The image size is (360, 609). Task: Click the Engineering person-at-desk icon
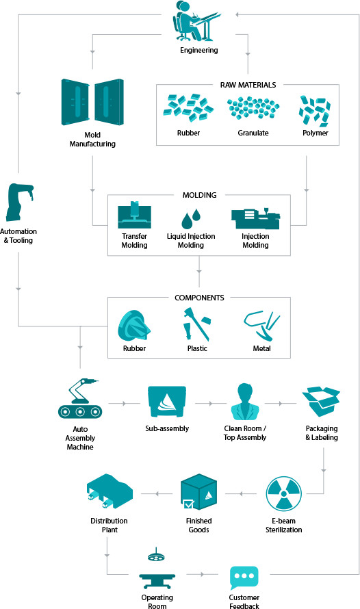click(x=196, y=21)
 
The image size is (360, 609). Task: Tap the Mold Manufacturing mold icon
click(x=92, y=102)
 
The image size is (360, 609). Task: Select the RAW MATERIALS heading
click(x=248, y=85)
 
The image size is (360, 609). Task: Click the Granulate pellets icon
click(x=253, y=107)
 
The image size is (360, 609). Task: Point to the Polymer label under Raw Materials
click(x=316, y=133)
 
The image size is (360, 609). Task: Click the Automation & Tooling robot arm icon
click(x=19, y=203)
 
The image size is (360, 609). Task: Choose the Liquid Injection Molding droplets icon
click(x=191, y=219)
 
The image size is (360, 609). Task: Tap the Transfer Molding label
click(x=134, y=241)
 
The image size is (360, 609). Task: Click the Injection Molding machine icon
click(x=255, y=219)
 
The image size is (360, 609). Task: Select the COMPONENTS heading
click(x=199, y=298)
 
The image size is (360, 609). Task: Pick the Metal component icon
click(x=261, y=326)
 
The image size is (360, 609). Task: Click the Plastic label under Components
click(x=197, y=348)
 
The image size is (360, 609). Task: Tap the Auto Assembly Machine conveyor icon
click(x=80, y=399)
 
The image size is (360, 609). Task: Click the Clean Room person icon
click(x=244, y=402)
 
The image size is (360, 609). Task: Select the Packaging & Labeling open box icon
click(x=321, y=402)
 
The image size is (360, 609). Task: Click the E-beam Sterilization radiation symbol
click(x=284, y=494)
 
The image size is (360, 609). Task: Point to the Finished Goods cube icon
click(x=199, y=492)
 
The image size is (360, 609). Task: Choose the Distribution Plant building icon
click(x=110, y=491)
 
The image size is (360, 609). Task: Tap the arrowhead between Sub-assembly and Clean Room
click(x=211, y=404)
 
